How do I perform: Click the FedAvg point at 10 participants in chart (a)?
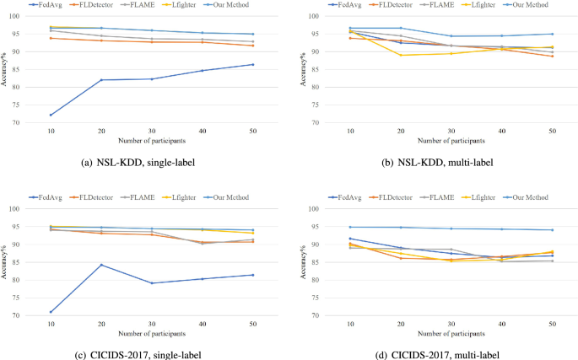(x=51, y=115)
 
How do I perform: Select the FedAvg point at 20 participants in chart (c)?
(x=101, y=265)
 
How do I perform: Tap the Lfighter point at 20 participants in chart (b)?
(x=401, y=56)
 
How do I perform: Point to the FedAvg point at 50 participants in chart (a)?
(x=253, y=64)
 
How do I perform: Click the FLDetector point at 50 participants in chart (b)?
(x=552, y=56)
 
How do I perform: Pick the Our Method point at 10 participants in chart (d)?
(x=350, y=227)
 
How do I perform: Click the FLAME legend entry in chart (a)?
(x=138, y=5)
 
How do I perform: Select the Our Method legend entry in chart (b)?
(x=526, y=5)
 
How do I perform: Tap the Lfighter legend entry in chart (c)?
(x=181, y=197)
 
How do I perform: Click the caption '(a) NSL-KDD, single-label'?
(x=138, y=163)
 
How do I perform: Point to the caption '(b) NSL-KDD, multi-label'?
(x=437, y=163)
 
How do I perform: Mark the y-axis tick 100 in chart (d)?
(x=316, y=209)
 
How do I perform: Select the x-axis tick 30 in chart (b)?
(x=451, y=132)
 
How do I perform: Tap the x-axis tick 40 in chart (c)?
(x=203, y=325)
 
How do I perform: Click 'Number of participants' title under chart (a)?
(x=152, y=141)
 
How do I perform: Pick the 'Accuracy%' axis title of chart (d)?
(x=303, y=262)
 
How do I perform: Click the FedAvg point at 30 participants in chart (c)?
(x=152, y=283)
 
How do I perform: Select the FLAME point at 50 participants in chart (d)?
(x=552, y=261)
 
